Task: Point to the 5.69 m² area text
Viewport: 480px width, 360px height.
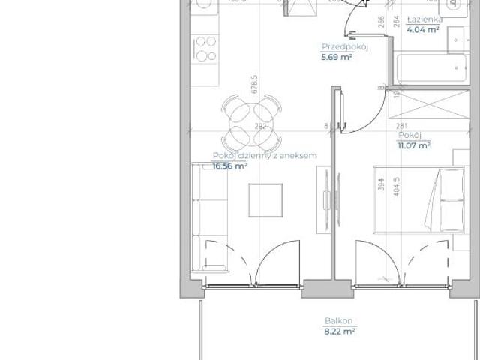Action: (337, 56)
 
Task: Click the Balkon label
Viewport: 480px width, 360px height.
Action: (335, 320)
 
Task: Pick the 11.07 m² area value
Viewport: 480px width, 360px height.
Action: (414, 145)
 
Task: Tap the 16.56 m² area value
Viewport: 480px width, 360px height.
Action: (230, 166)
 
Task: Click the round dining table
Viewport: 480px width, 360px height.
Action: (250, 124)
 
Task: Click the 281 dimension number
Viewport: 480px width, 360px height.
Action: (400, 126)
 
